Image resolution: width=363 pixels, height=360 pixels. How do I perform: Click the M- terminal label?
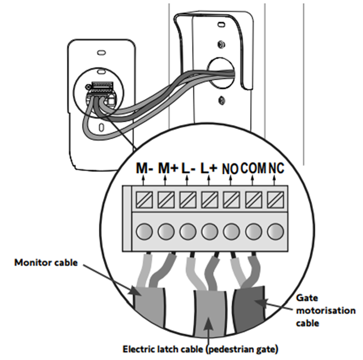145,168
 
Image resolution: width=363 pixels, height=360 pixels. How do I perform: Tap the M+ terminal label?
168,168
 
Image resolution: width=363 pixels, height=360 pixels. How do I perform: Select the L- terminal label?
188,168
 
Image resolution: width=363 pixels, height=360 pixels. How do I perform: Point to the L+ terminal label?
209,168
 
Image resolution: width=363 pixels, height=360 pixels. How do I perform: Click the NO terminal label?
230,168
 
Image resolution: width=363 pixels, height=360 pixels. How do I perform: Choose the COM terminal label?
253,168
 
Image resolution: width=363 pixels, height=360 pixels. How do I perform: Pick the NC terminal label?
276,168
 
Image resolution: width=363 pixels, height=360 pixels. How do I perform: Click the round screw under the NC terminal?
275,231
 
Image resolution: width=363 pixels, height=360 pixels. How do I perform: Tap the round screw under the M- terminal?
144,231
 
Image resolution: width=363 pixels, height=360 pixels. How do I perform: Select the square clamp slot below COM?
253,200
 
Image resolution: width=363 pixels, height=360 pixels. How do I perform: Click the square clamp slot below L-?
188,200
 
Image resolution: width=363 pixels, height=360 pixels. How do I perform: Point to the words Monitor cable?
46,263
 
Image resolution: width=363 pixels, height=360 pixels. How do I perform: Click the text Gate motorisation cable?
325,310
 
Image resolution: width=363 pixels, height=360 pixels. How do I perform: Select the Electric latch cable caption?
200,349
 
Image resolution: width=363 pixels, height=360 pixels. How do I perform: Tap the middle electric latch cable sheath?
210,313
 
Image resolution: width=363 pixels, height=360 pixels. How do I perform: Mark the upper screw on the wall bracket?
222,44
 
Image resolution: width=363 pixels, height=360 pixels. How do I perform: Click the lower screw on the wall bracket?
222,100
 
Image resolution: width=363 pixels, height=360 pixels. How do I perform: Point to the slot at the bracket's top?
221,24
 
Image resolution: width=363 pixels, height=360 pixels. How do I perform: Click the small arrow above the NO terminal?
230,180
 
